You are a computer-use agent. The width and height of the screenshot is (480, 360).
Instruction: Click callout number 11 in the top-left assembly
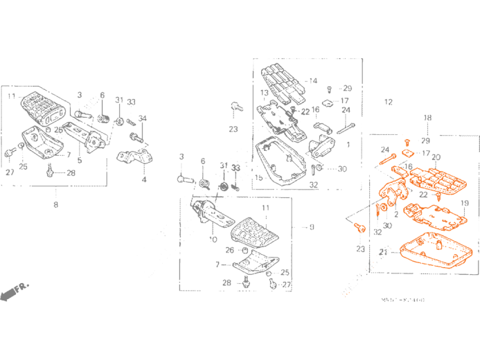click(12, 96)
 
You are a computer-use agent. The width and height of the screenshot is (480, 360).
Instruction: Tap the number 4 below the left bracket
click(144, 179)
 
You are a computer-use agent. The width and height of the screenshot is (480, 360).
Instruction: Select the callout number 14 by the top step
click(313, 81)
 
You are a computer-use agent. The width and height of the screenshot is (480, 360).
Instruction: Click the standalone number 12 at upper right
click(388, 102)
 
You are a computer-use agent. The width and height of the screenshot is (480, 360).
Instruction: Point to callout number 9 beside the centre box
click(312, 226)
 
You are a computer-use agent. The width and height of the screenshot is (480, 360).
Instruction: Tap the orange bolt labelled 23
click(358, 228)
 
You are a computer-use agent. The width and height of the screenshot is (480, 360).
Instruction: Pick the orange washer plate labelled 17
click(409, 153)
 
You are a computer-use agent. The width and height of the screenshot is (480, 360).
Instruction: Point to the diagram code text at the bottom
click(402, 300)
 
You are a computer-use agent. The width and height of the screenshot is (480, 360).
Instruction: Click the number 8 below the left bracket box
click(55, 204)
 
